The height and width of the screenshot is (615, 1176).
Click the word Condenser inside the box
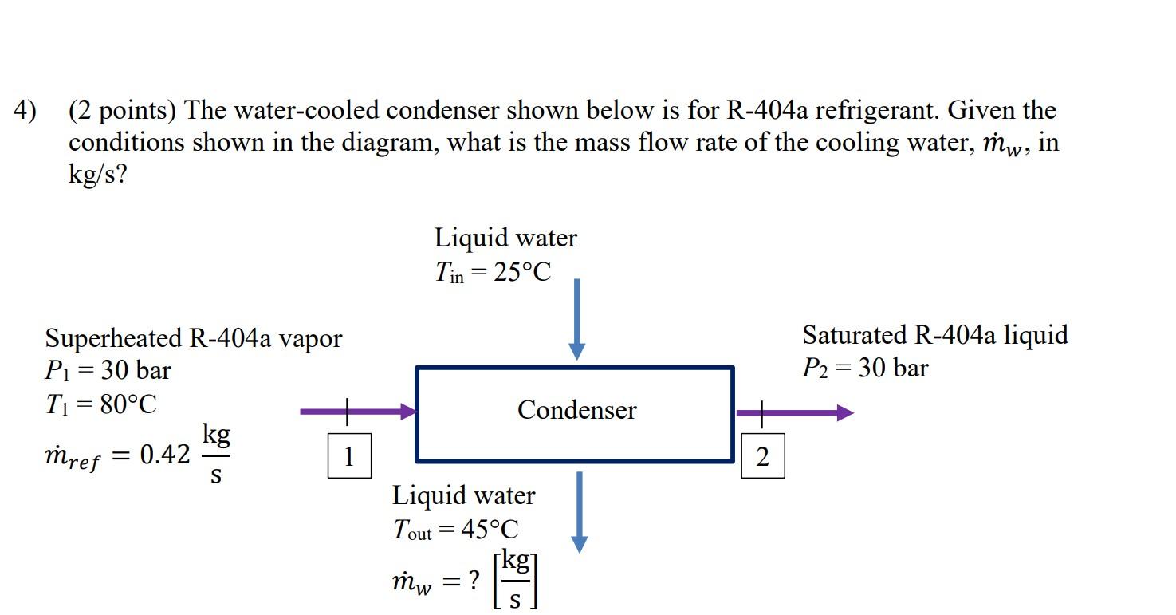[576, 410]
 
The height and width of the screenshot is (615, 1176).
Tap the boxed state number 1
[348, 457]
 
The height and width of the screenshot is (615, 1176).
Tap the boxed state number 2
[762, 457]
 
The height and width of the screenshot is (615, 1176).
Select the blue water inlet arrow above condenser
[576, 319]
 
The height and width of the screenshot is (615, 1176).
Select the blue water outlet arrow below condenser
[580, 511]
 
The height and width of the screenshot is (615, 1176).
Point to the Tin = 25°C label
[492, 273]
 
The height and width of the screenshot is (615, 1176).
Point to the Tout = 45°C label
[455, 530]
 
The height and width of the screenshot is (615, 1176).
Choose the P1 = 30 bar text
[108, 371]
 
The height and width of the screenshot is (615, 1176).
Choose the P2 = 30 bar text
[865, 369]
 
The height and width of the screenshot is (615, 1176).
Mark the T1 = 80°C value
[100, 404]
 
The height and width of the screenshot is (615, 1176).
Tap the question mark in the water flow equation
[474, 581]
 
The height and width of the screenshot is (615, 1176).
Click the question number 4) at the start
[25, 110]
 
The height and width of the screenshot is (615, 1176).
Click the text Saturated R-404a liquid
[934, 335]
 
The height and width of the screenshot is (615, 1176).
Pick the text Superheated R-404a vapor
[193, 338]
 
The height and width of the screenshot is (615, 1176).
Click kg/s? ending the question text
[97, 174]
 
